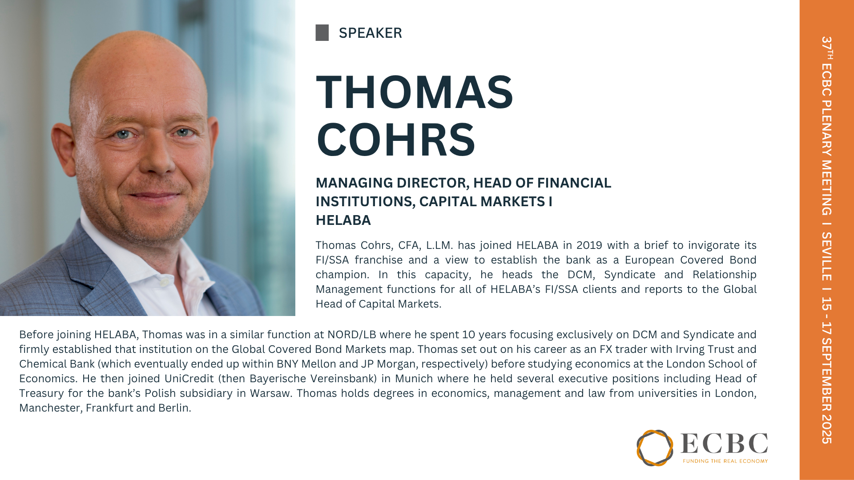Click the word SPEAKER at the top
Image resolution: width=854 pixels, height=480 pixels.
click(370, 33)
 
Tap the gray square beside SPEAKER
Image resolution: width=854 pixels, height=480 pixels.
click(322, 33)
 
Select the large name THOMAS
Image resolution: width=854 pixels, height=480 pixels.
click(415, 92)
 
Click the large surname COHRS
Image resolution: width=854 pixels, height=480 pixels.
click(396, 140)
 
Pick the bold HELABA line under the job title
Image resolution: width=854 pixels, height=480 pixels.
click(343, 220)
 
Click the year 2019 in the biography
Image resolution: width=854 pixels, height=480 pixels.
click(589, 245)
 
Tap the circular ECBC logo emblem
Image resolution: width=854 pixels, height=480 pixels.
click(655, 448)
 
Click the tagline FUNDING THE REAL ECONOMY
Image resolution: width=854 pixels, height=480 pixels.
click(725, 461)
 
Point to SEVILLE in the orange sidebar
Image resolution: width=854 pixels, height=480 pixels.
click(826, 256)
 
